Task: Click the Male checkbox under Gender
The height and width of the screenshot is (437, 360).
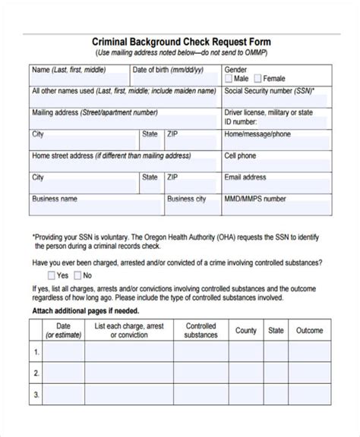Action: [x=229, y=78]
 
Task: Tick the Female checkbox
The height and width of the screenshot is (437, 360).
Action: [x=258, y=78]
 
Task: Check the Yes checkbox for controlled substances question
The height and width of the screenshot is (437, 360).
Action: [x=51, y=275]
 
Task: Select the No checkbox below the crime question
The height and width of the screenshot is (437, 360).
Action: [x=77, y=275]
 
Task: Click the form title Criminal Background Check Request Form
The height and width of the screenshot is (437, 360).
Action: [x=180, y=42]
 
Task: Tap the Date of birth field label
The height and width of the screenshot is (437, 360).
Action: [x=167, y=69]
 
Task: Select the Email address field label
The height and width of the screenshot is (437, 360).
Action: [x=245, y=178]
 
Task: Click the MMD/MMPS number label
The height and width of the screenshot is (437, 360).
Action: [x=255, y=200]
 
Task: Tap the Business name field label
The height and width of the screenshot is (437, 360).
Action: [x=55, y=200]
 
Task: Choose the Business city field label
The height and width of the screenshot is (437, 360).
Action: [x=187, y=200]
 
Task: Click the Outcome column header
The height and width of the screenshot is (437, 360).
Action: [x=309, y=331]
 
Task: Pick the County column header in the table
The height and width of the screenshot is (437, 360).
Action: [x=246, y=331]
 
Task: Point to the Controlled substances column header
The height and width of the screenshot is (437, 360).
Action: [x=201, y=331]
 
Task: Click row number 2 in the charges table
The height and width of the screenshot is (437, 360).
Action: [x=36, y=374]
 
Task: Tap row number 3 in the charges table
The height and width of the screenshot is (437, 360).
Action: [x=36, y=395]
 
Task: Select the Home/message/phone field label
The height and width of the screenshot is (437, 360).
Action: [x=257, y=134]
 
